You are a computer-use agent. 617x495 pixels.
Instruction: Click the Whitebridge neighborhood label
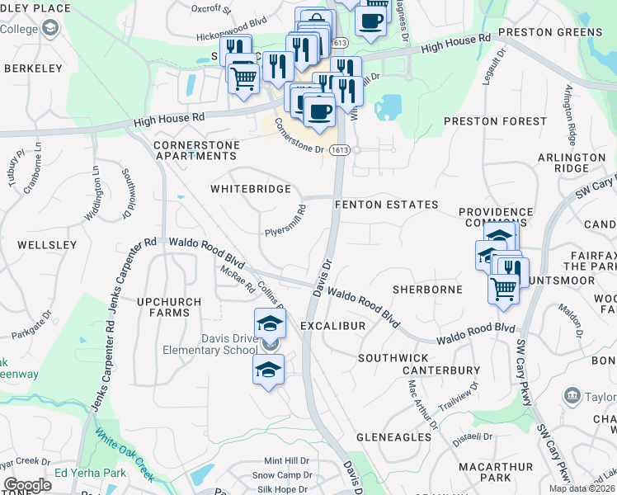click(x=251, y=189)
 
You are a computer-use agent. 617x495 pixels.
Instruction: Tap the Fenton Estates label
click(x=385, y=205)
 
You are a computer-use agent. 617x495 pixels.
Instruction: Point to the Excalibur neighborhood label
click(x=332, y=327)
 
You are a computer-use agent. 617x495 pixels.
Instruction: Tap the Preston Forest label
click(x=483, y=121)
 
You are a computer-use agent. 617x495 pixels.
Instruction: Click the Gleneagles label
click(x=395, y=437)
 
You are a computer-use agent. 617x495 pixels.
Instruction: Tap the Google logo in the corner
click(x=27, y=485)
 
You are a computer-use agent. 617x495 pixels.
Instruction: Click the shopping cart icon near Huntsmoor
click(x=503, y=290)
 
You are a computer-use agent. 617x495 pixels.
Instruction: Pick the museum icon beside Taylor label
click(x=572, y=396)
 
